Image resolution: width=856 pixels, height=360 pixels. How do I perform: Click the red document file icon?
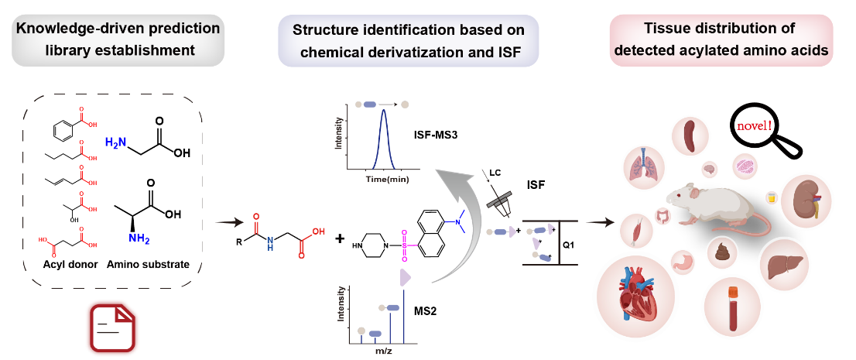point(111,328)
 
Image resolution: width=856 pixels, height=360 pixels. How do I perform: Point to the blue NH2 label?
point(139,239)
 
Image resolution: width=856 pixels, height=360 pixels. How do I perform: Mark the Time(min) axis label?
point(386,179)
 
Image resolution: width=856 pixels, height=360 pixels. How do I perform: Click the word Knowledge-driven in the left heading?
point(65,29)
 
